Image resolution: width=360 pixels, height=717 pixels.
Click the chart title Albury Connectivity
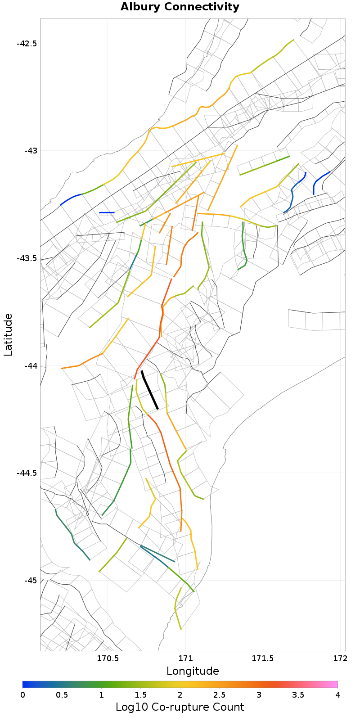click(180, 7)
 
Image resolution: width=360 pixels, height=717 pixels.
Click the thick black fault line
click(149, 390)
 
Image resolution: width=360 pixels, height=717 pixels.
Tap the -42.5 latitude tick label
click(27, 44)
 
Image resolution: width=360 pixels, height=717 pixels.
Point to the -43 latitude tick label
click(30, 151)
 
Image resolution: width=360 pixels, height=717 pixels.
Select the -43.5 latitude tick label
click(27, 258)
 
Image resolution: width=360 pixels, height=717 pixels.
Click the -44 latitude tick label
click(30, 366)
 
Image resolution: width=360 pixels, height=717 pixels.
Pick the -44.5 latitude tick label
click(27, 473)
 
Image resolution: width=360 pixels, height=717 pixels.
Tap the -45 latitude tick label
click(30, 580)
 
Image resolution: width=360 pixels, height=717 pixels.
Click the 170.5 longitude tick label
click(108, 659)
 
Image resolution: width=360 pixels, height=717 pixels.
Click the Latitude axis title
click(8, 335)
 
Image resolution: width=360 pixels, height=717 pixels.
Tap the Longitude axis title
click(193, 671)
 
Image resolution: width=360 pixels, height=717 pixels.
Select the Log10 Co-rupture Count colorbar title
click(180, 707)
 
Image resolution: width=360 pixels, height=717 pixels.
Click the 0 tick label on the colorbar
click(23, 695)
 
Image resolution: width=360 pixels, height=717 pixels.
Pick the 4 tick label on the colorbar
click(337, 695)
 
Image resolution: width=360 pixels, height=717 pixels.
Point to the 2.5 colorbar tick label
click(219, 695)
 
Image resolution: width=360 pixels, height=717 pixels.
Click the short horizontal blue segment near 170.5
click(107, 212)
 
